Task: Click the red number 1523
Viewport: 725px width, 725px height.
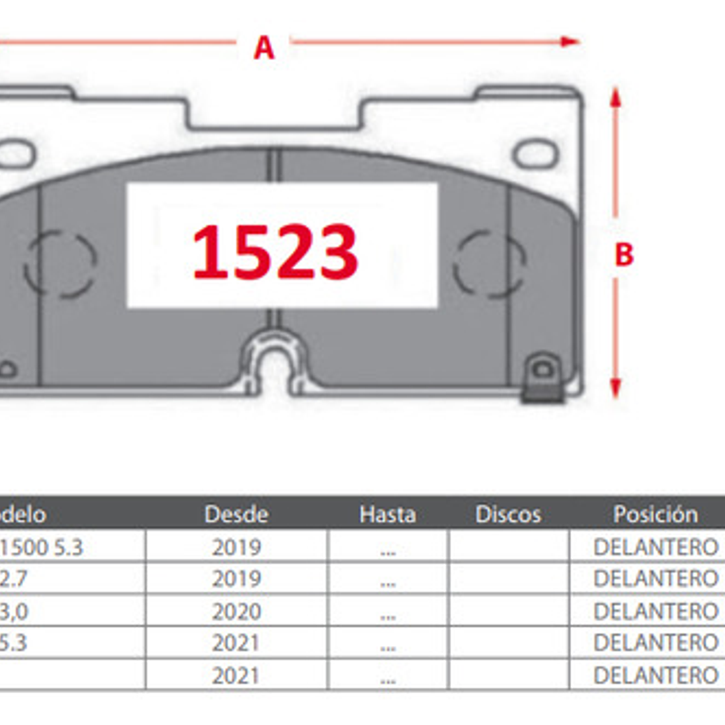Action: click(x=275, y=252)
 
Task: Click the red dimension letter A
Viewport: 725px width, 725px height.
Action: click(x=264, y=48)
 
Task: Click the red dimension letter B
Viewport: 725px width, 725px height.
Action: click(x=624, y=254)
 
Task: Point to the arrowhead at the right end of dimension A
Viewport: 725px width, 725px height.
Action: click(x=570, y=42)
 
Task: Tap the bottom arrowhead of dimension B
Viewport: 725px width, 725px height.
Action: click(x=615, y=388)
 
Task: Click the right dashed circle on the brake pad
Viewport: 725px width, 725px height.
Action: click(x=489, y=264)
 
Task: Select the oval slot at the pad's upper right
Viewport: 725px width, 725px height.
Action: click(x=535, y=155)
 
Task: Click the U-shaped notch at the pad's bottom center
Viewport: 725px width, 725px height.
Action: click(x=274, y=366)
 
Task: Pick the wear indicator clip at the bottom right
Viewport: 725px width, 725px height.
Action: click(x=542, y=380)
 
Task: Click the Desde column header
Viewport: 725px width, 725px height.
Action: click(x=236, y=514)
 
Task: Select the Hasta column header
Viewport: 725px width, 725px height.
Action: click(x=387, y=514)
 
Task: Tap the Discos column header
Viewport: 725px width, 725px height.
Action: click(x=508, y=514)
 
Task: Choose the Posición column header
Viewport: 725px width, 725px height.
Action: click(x=655, y=514)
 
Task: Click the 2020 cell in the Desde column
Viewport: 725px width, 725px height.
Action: click(x=236, y=612)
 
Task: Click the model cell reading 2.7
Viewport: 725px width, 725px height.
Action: click(x=14, y=579)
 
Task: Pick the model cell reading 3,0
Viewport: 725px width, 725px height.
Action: click(x=14, y=612)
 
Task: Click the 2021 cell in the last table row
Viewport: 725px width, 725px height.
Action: click(x=236, y=675)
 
